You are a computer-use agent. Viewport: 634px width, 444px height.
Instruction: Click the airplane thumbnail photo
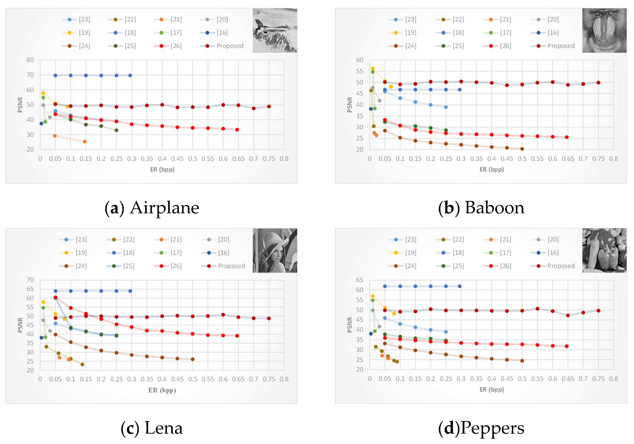tap(275, 30)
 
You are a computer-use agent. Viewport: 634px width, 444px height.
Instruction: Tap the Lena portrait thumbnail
tap(275, 250)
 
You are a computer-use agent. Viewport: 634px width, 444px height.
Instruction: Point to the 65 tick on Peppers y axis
tap(360, 280)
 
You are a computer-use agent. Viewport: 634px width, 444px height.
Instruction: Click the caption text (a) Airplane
tap(152, 208)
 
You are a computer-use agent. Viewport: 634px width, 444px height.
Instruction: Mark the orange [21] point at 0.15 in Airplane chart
tap(85, 141)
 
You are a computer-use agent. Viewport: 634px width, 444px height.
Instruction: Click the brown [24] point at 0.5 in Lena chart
tap(192, 359)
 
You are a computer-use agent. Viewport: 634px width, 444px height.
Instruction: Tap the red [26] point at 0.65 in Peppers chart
tap(566, 346)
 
